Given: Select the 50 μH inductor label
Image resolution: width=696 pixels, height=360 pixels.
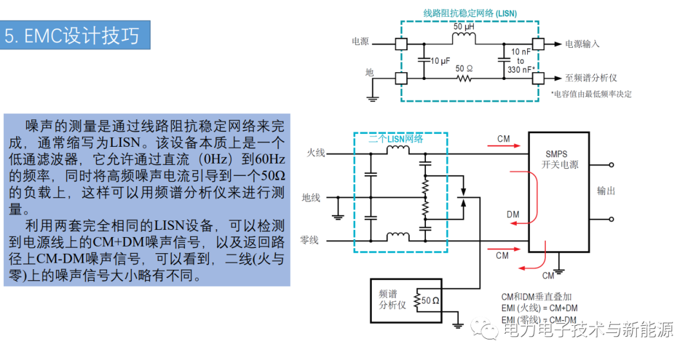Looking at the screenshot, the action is click(464, 26).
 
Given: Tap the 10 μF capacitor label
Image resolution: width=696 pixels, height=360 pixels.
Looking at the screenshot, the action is click(440, 61).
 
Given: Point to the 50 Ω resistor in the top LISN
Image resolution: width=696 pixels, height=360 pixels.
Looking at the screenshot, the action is click(464, 79).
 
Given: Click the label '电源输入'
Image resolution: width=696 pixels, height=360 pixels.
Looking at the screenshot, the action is click(582, 44).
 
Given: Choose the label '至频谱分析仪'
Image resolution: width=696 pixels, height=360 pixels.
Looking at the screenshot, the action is click(591, 78).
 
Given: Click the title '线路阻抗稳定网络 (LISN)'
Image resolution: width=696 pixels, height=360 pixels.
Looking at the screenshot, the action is click(470, 14).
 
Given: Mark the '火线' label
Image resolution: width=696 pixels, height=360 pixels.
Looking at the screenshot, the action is click(316, 153).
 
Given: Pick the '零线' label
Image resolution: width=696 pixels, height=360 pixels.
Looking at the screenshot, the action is click(309, 240).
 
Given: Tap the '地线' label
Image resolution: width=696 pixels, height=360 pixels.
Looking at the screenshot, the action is click(311, 198).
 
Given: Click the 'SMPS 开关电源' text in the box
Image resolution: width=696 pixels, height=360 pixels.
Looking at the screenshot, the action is click(559, 159).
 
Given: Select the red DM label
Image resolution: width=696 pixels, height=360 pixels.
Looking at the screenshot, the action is click(513, 214).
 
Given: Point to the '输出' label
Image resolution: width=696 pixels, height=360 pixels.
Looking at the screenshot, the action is click(606, 191).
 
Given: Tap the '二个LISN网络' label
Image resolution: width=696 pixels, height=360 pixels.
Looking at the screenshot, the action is click(396, 138).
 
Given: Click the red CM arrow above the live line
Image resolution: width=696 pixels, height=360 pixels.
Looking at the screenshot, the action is click(503, 146).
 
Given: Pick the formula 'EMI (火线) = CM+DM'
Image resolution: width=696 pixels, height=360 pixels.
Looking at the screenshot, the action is click(539, 308).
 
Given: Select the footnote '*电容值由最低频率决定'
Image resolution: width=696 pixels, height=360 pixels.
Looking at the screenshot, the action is click(591, 94).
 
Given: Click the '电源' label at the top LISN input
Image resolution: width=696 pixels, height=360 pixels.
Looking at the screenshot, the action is click(360, 41).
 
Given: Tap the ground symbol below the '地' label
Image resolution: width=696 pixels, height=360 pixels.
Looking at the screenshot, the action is click(372, 99).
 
